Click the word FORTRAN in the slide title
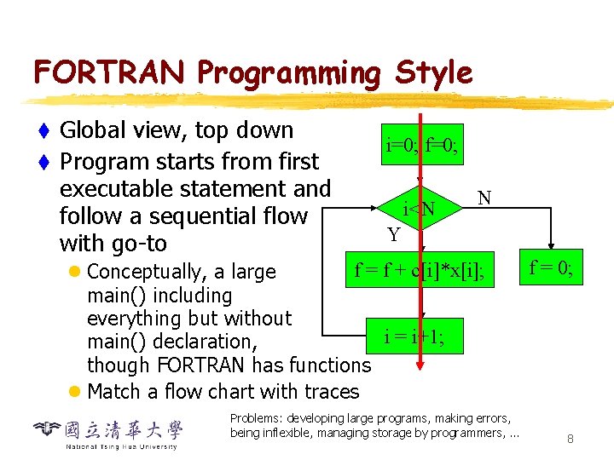coord(108,72)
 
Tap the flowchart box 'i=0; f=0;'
coord(421,146)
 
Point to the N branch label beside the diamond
coord(484,198)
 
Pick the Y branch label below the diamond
coord(393,234)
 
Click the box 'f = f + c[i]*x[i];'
coord(423,271)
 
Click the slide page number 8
coord(570,440)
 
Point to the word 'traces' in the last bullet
coord(329,392)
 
